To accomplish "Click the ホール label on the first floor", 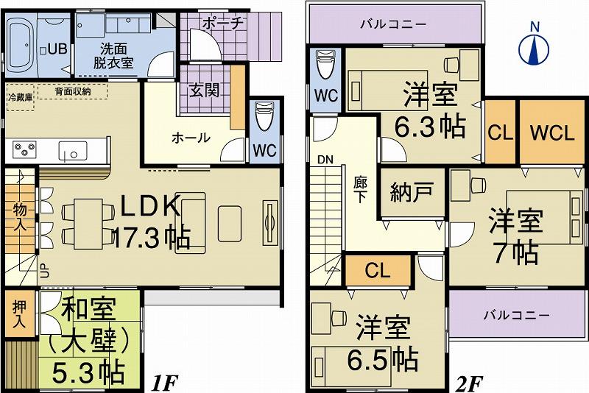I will click(191, 137).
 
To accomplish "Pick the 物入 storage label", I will click(19, 218).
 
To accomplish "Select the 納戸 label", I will click(406, 195).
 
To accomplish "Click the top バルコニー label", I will click(394, 24).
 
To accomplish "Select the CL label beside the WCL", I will click(500, 135).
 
